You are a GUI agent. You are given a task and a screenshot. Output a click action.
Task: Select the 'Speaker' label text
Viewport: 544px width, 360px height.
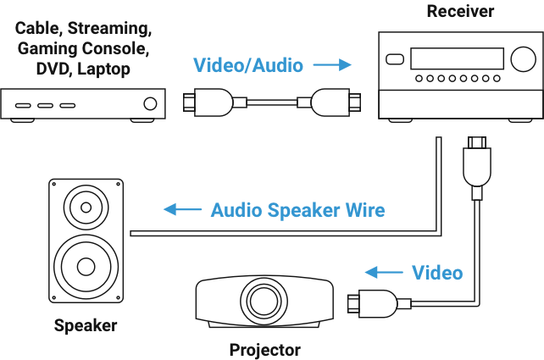point(84,325)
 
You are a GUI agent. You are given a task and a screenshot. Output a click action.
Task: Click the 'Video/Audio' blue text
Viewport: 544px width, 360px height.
point(248,65)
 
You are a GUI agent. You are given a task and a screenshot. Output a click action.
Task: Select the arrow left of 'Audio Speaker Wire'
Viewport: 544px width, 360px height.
point(176,210)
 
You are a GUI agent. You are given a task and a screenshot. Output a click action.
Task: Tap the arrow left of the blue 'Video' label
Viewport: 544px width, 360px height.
point(380,273)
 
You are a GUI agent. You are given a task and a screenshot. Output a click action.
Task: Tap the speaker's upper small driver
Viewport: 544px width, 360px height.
point(85,206)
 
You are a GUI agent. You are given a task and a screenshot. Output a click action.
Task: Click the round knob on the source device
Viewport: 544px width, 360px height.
point(150,104)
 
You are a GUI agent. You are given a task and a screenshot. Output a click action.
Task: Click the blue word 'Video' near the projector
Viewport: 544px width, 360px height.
point(437,273)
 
